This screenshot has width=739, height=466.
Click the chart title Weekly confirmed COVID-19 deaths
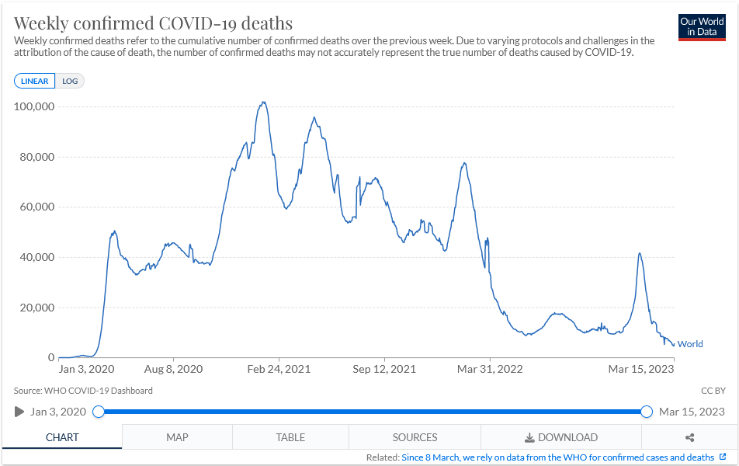[x=153, y=22]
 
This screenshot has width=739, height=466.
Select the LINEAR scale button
[x=34, y=81]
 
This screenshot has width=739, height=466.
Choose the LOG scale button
[x=71, y=81]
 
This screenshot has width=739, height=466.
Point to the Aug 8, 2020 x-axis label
[x=174, y=370]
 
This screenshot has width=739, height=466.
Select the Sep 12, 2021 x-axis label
[x=384, y=370]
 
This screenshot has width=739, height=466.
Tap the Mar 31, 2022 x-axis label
[x=489, y=370]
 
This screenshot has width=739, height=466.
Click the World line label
[x=690, y=344]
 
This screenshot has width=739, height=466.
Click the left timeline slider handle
[x=99, y=412]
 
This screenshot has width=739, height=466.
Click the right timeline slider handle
[x=647, y=412]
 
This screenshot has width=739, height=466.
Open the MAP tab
[x=177, y=437]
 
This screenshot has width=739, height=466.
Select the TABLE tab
[x=290, y=437]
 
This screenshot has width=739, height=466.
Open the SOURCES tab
[x=415, y=437]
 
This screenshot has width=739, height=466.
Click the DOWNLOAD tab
[x=561, y=437]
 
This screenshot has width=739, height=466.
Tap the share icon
[x=689, y=437]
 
